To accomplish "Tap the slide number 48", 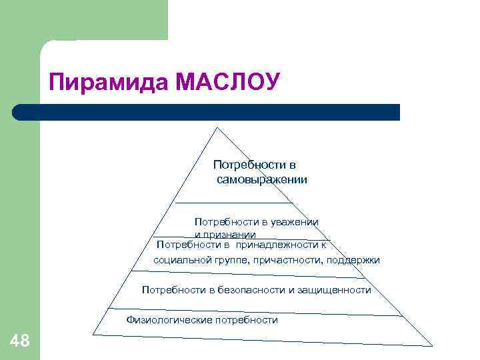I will pyautogui.click(x=20, y=342).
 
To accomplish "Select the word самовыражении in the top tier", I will pyautogui.click(x=262, y=179).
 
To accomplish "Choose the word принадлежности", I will pyautogui.click(x=276, y=245).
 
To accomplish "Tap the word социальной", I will pyautogui.click(x=180, y=260).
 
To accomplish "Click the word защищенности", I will pyautogui.click(x=336, y=290).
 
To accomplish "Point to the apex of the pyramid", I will pyautogui.click(x=215, y=126).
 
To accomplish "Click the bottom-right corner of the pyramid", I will pyautogui.click(x=431, y=345).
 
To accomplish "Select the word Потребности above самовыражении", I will pyautogui.click(x=255, y=165).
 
